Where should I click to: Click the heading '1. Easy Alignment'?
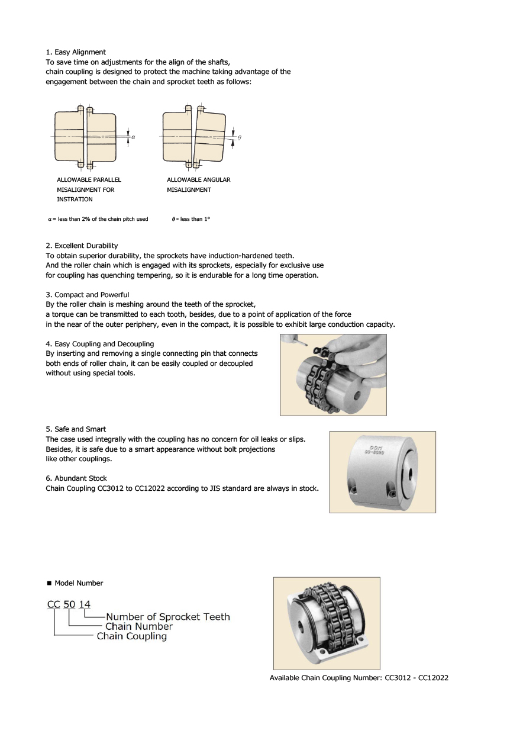[76, 52]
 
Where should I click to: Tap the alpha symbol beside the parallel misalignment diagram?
[133, 137]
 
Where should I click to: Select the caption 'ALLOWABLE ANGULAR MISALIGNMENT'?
[198, 184]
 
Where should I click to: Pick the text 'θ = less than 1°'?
[191, 219]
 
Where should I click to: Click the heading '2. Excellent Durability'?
[82, 245]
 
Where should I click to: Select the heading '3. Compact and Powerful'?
[87, 294]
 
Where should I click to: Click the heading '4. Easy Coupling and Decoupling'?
[99, 343]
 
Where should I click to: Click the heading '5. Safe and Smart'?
[76, 429]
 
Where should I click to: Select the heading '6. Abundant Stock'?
[76, 478]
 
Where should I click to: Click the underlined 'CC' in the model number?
[54, 604]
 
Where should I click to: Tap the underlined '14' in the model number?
[85, 604]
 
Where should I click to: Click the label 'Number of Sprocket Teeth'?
[167, 616]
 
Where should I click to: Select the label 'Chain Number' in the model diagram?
[138, 626]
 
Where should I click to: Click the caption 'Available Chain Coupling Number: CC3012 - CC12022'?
[359, 678]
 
